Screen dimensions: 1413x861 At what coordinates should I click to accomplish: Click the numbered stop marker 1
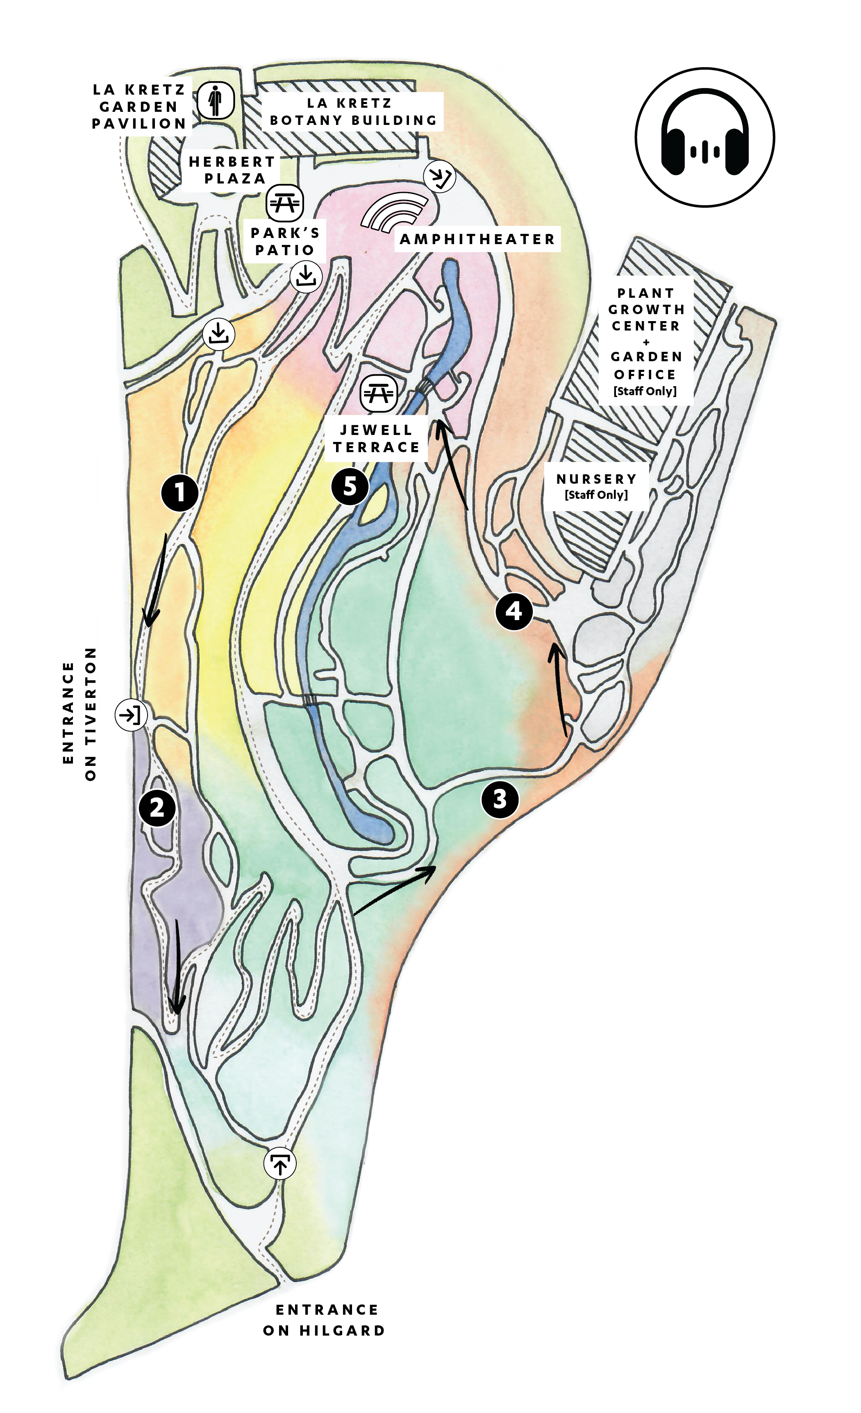(179, 492)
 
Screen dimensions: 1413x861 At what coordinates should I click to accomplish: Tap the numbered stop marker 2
(157, 808)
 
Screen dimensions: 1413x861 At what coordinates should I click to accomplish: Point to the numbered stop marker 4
(514, 611)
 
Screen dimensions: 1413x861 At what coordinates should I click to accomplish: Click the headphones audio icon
(705, 137)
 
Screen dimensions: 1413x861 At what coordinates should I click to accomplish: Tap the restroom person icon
(215, 100)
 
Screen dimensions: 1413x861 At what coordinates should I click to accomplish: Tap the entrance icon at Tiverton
(132, 715)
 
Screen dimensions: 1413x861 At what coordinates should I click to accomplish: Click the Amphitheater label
(477, 239)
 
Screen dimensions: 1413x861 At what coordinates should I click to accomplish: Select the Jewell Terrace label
(376, 439)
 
